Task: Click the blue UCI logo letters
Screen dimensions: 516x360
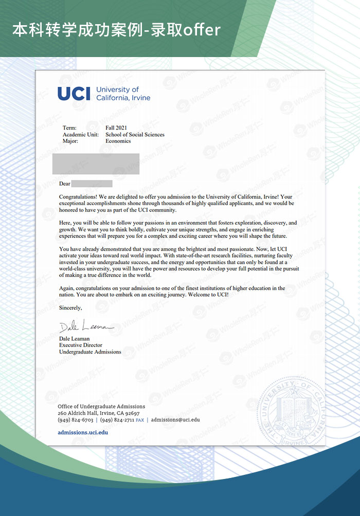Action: point(74,94)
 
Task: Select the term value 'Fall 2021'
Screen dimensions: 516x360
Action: point(116,128)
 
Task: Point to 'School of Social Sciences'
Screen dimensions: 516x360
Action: point(135,135)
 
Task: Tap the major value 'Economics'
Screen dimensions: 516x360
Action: point(118,141)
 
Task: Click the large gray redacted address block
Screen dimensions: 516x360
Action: point(96,163)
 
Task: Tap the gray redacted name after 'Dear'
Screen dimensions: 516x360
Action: point(92,183)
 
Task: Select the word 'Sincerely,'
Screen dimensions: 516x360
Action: point(70,308)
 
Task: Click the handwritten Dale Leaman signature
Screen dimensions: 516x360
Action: point(85,327)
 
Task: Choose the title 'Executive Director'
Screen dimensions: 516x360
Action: point(81,345)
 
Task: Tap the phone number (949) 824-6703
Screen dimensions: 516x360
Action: point(76,420)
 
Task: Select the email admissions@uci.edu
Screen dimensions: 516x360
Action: point(175,420)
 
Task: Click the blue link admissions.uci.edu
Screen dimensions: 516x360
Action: point(83,432)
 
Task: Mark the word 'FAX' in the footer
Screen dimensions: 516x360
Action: point(140,420)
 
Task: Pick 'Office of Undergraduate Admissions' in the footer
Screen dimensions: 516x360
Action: point(101,407)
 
